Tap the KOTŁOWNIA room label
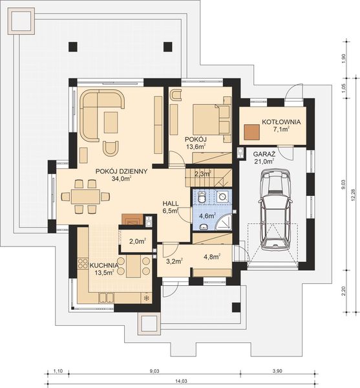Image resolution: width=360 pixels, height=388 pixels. [x=280, y=122]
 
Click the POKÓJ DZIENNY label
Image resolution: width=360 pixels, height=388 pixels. [x=122, y=171]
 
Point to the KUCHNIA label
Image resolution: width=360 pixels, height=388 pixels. [x=103, y=265]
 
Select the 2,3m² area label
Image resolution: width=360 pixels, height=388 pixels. [x=202, y=173]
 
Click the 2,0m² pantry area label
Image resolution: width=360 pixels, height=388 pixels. [x=138, y=242]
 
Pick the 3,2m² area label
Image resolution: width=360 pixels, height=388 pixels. [x=173, y=261]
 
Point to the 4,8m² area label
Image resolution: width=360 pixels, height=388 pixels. [x=212, y=256]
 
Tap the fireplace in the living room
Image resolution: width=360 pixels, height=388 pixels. [x=134, y=219]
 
